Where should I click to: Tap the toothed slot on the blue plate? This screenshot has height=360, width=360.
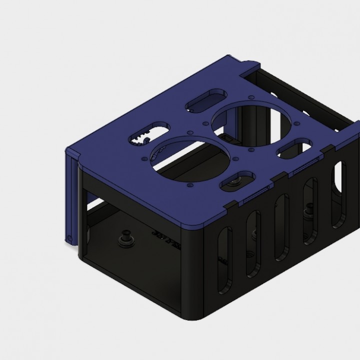coord(148,136)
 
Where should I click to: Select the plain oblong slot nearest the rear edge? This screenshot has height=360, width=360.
coord(205,100)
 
